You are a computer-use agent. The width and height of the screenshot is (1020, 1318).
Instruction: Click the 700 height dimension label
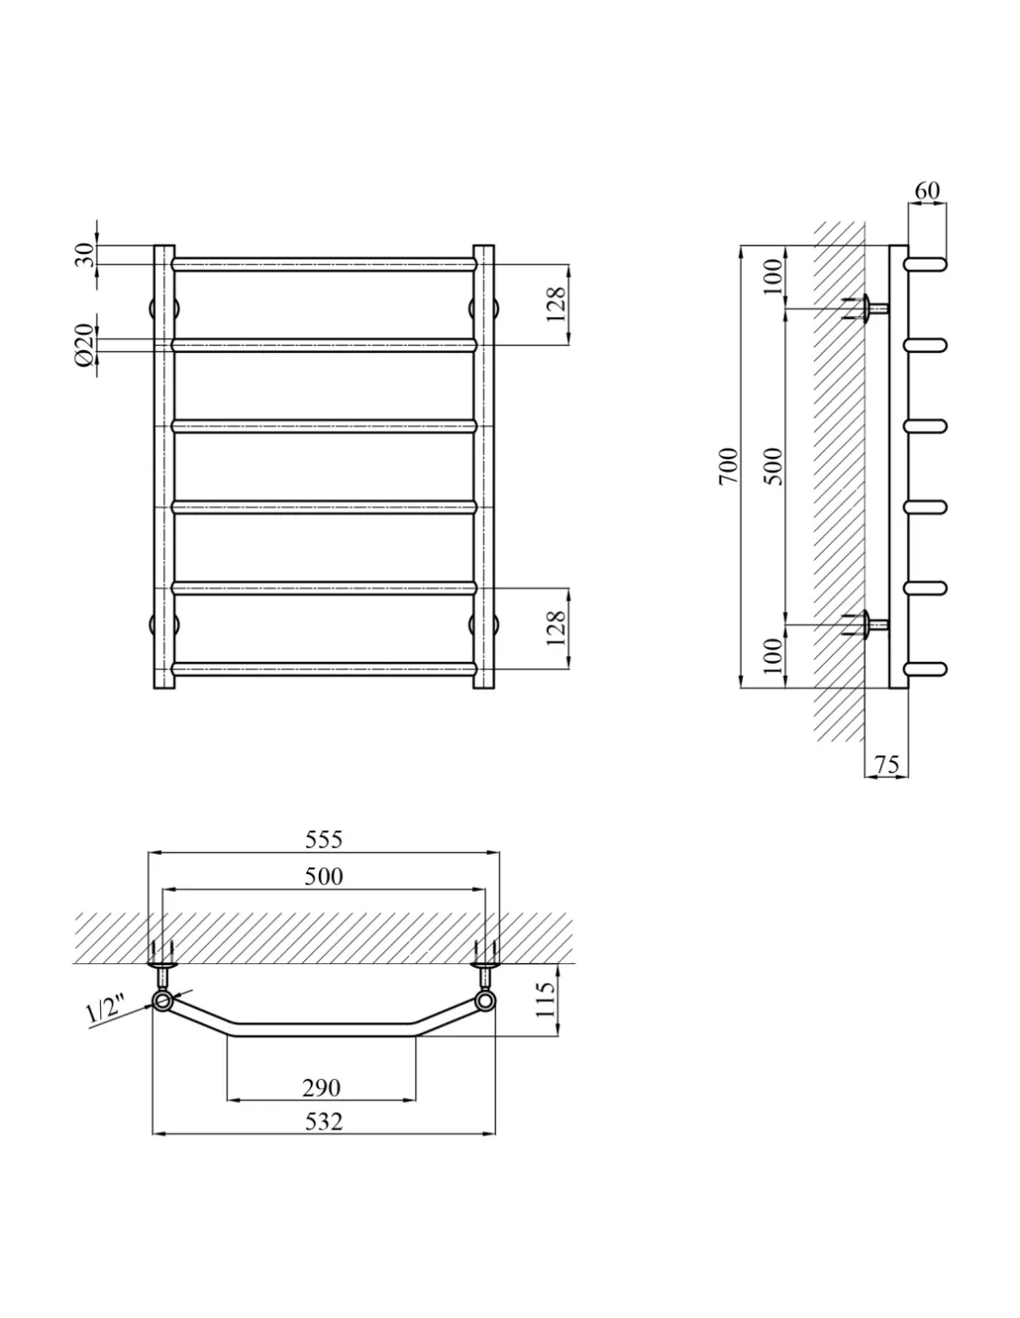[729, 466]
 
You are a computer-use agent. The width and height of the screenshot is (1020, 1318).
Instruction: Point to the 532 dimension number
[324, 1122]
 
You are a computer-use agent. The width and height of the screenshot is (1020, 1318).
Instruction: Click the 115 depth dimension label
[545, 999]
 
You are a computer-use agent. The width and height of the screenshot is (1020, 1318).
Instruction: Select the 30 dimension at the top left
[85, 255]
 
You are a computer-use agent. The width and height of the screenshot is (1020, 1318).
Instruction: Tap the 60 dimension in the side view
[926, 190]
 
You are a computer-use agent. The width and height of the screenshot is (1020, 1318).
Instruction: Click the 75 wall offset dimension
[886, 765]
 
